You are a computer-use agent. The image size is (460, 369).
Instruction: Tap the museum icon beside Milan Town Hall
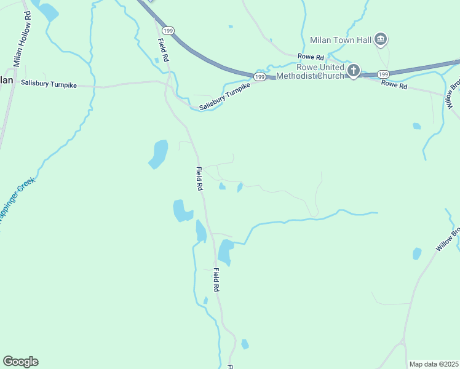(381, 40)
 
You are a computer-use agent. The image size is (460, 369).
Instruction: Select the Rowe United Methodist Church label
(311, 72)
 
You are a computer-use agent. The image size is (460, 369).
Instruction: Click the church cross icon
(354, 71)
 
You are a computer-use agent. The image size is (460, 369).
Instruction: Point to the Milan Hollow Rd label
(22, 38)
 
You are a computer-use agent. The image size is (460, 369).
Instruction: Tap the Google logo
(20, 362)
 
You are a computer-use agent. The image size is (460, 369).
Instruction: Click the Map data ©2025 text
(434, 364)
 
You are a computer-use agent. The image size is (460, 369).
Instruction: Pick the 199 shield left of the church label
(260, 77)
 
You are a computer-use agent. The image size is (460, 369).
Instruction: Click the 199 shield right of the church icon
(383, 73)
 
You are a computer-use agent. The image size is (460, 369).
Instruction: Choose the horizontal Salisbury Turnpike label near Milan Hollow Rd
(49, 84)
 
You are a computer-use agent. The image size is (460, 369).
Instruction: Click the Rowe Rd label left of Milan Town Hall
(311, 57)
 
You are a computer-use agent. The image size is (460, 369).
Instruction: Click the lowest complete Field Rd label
(216, 279)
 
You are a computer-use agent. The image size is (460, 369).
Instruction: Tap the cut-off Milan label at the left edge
(6, 80)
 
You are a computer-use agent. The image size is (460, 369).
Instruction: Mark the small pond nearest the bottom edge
(245, 344)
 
